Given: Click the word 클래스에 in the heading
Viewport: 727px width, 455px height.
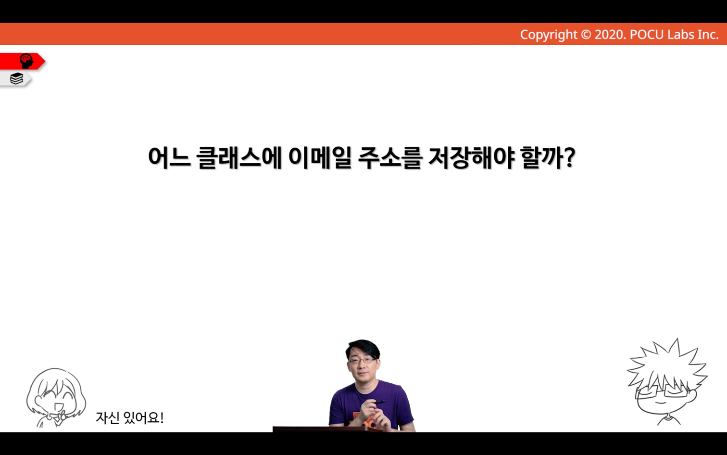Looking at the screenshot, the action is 239,158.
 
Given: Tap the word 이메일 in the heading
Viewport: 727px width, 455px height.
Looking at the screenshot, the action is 320,158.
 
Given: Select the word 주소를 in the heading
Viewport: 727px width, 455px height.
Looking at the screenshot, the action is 390,158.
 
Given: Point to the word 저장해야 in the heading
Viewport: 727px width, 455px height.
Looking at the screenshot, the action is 471,158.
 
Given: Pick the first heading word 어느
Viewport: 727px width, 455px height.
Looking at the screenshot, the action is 169,158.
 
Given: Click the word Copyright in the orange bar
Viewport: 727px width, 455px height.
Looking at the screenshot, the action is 549,35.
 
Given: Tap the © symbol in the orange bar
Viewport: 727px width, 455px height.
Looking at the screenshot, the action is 586,35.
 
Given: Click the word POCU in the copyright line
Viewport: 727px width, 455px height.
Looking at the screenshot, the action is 647,35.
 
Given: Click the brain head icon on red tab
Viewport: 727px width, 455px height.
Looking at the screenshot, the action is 26,61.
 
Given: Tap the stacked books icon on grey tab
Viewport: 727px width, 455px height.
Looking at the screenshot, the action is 16,78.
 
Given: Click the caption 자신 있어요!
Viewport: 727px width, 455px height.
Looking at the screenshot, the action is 129,417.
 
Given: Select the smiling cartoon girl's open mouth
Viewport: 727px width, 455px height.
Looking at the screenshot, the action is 59,406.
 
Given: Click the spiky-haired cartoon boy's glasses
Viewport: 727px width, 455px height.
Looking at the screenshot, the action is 662,391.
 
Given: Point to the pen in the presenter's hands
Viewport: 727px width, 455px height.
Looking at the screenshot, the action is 379,403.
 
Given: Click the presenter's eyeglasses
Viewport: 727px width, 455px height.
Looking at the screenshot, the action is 363,360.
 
